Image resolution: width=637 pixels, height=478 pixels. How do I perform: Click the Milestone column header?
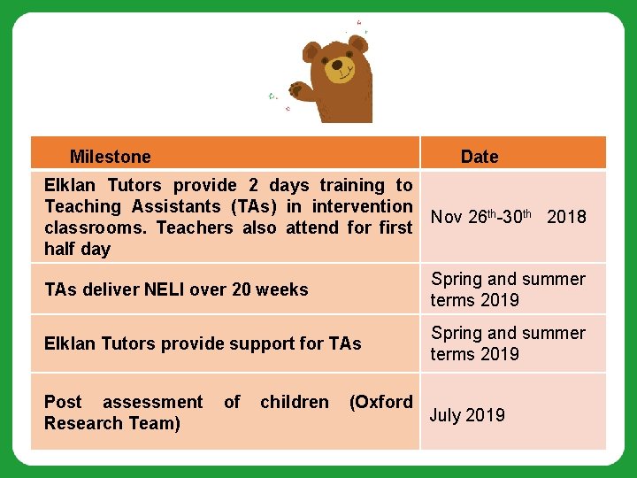click(110, 157)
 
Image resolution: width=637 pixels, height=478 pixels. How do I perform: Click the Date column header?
click(480, 157)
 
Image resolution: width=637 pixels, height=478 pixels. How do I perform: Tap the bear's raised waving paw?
click(297, 90)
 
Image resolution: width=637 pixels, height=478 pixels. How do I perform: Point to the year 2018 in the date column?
click(566, 217)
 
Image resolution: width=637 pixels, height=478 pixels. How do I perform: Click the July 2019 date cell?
click(467, 415)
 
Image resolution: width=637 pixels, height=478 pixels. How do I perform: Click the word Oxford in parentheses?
click(381, 402)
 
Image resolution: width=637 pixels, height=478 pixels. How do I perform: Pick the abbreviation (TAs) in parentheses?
click(255, 206)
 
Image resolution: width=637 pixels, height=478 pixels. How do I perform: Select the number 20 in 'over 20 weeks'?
click(241, 289)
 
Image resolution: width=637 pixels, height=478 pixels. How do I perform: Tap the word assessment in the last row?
click(153, 402)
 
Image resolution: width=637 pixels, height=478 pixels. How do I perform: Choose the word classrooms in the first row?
click(89, 227)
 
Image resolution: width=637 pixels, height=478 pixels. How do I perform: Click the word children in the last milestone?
click(294, 402)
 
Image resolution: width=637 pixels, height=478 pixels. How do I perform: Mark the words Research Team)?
click(112, 423)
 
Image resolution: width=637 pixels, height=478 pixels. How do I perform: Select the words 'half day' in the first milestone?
click(77, 249)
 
